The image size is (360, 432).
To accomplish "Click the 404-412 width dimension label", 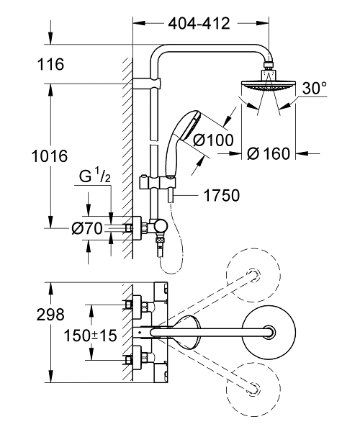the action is [199, 24].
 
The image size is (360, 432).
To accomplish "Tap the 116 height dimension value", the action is [50, 64].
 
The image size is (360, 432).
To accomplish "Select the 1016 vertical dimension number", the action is [50, 156].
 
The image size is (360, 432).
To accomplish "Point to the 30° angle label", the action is [314, 88].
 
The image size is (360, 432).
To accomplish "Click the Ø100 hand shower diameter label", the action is [213, 140].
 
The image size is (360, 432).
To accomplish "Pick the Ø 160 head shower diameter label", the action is [269, 153].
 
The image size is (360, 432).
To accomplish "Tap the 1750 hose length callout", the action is [222, 195].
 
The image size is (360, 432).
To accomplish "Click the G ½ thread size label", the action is [95, 176].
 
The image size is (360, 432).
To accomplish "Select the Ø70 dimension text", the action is [87, 228].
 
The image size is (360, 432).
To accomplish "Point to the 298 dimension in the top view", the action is [50, 315].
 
